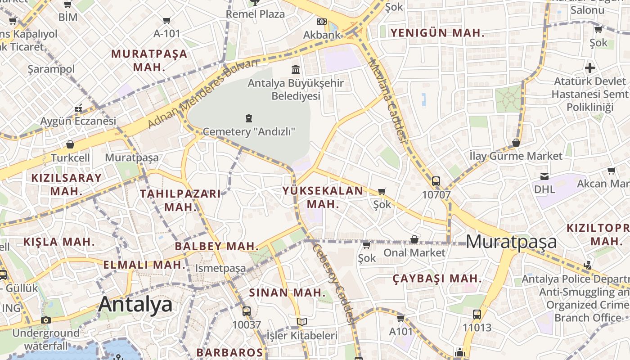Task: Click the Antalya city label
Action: pos(135,305)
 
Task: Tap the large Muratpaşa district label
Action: pos(511,242)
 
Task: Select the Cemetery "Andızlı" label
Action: pos(249,132)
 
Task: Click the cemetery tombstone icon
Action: pos(248,118)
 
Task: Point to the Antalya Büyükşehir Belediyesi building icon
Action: pos(296,69)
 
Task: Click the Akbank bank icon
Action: pos(321,22)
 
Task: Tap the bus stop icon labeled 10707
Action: pos(436,181)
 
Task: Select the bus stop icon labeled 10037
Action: pos(246,311)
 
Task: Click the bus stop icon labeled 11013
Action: pos(477,314)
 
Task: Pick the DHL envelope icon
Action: pos(544,176)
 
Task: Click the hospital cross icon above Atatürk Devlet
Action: pos(590,68)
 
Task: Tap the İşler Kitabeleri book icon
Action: pos(302,322)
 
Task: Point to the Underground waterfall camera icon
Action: pos(45,320)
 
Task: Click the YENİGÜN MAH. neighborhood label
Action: pos(437,33)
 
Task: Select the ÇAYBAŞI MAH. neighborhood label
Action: pos(437,279)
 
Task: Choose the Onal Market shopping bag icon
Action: pos(414,239)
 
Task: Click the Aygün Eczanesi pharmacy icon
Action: pos(78,108)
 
